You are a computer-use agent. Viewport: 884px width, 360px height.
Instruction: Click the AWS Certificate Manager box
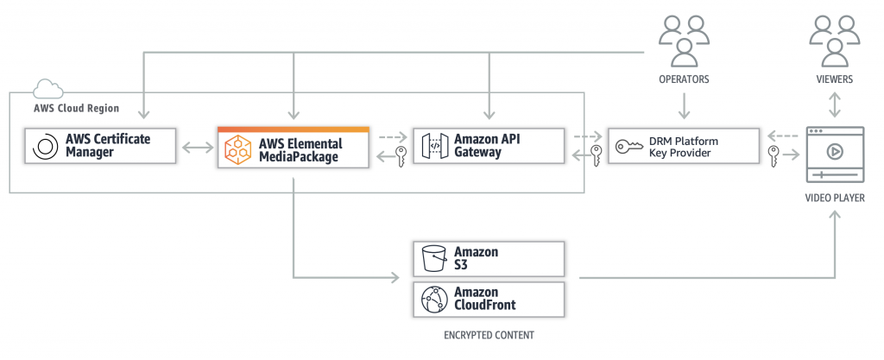[99, 148]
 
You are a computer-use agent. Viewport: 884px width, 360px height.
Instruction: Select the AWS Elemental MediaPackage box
[293, 148]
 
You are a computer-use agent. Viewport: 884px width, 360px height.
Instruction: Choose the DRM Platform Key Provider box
[684, 148]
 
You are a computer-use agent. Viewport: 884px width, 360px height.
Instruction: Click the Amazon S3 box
[488, 258]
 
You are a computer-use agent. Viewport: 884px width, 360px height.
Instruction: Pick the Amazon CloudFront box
[488, 298]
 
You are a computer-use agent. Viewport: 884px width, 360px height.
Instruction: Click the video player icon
[834, 154]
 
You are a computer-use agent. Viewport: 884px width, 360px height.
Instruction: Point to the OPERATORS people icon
[684, 41]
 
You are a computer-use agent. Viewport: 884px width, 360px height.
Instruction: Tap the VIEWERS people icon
[834, 41]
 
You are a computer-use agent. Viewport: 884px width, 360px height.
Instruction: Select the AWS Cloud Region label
[76, 109]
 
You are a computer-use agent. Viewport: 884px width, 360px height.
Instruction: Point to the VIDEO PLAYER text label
[834, 198]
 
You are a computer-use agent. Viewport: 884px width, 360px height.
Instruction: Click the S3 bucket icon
[433, 258]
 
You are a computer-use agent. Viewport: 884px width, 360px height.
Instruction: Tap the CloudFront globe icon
[433, 299]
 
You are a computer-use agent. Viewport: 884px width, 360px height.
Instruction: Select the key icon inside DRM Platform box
[628, 148]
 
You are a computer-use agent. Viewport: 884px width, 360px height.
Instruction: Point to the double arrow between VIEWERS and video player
[834, 104]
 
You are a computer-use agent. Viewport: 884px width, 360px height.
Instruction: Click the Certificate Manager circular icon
[43, 148]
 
